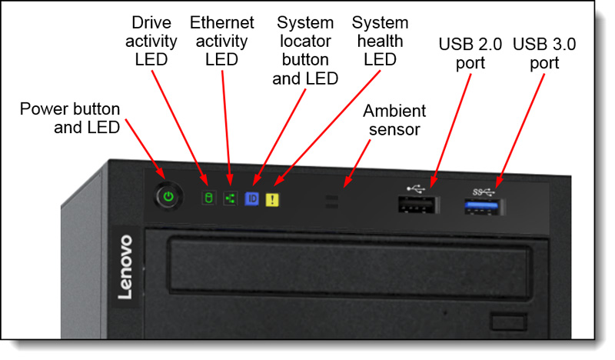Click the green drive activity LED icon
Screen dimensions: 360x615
tap(206, 198)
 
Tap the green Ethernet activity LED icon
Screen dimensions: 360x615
tap(229, 198)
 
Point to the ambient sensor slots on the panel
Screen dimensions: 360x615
tap(332, 202)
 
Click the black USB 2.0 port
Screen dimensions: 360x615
tap(417, 205)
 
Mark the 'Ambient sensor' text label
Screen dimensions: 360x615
tap(394, 120)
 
